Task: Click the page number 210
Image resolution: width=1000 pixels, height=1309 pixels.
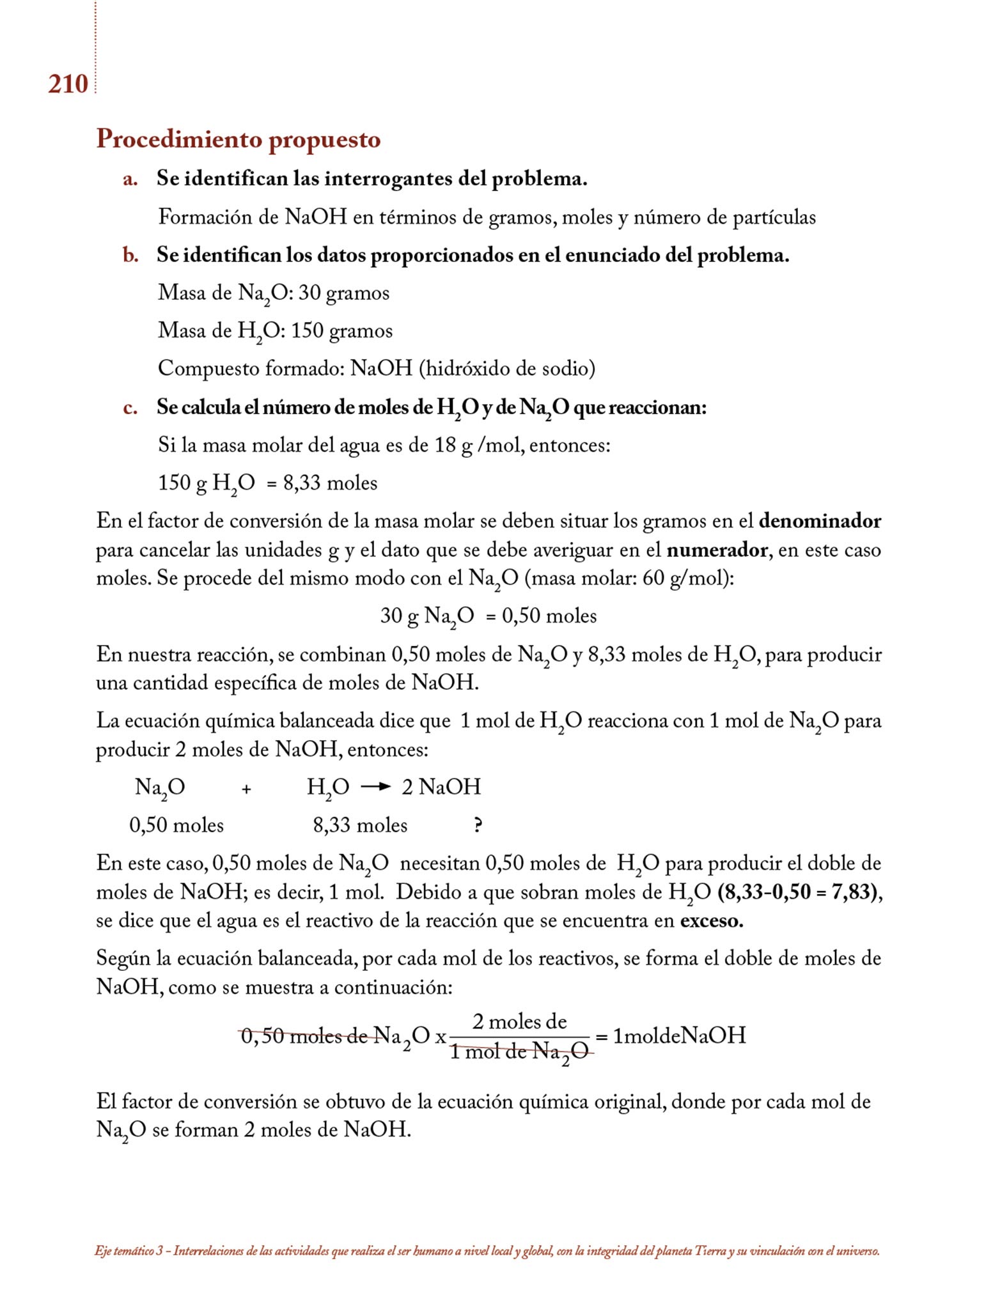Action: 68,84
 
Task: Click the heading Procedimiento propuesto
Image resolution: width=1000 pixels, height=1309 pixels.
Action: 238,139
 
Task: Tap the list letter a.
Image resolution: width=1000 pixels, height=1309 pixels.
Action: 130,179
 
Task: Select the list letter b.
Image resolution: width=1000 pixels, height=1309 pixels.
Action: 130,255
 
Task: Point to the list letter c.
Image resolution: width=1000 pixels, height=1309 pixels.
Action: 130,407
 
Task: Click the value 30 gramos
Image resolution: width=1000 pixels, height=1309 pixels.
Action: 344,293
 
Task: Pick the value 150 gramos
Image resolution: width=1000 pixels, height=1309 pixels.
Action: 341,330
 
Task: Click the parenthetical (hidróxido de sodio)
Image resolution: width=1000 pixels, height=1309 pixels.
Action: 507,368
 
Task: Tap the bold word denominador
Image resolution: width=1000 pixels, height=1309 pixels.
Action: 820,521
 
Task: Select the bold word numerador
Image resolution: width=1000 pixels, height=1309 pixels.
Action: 717,550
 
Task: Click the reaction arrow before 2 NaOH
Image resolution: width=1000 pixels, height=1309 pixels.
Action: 375,787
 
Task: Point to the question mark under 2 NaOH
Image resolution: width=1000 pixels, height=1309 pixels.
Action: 477,825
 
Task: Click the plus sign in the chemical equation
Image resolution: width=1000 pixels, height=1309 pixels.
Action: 246,789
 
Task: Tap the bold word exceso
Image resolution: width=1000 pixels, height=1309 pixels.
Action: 712,921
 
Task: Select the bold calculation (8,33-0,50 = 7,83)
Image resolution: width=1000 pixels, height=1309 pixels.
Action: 799,892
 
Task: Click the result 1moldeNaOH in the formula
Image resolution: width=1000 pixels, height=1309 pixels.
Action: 679,1035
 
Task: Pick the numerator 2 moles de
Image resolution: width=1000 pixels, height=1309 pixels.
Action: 519,1021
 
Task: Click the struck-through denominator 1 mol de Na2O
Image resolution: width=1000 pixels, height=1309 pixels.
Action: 519,1051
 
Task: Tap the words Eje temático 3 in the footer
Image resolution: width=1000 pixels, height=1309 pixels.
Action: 129,1251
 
